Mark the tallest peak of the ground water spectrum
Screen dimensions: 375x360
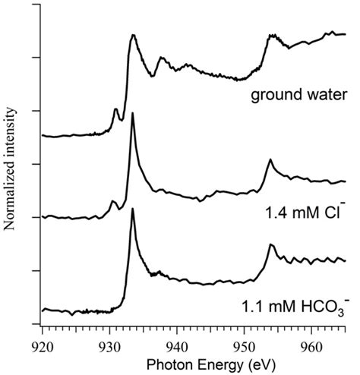pos(133,36)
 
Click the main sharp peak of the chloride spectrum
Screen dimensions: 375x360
pos(133,114)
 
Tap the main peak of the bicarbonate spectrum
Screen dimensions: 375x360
pos(133,209)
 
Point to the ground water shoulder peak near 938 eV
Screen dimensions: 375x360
pos(161,58)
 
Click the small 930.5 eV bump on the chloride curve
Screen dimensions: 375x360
pos(112,201)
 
